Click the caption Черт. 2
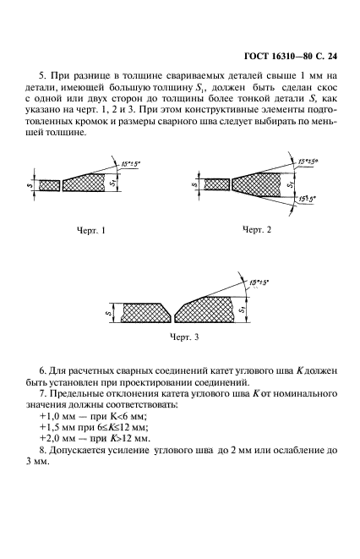259,230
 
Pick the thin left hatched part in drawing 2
218,184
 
